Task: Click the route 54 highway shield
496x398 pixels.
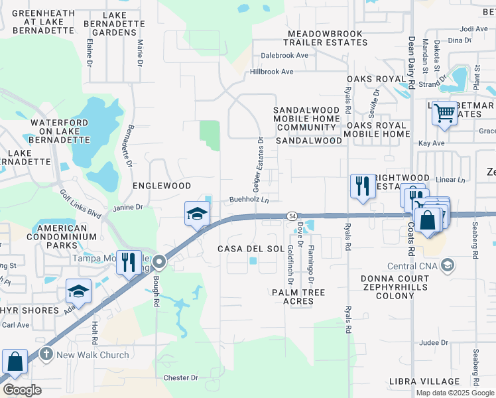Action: click(291, 216)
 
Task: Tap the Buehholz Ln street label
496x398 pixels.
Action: click(249, 199)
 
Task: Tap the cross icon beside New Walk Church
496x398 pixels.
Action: click(46, 355)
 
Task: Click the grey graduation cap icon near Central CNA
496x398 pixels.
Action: click(448, 266)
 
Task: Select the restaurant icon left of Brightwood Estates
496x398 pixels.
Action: click(361, 185)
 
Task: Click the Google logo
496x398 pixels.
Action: click(21, 390)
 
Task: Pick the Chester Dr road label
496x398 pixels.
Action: click(180, 378)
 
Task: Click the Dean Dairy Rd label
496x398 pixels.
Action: click(411, 62)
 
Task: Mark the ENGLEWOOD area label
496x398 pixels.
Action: click(162, 186)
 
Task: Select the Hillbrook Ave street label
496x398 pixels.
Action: click(272, 72)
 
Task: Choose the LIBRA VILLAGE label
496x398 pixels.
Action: click(425, 382)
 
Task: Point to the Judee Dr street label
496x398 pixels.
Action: click(434, 343)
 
